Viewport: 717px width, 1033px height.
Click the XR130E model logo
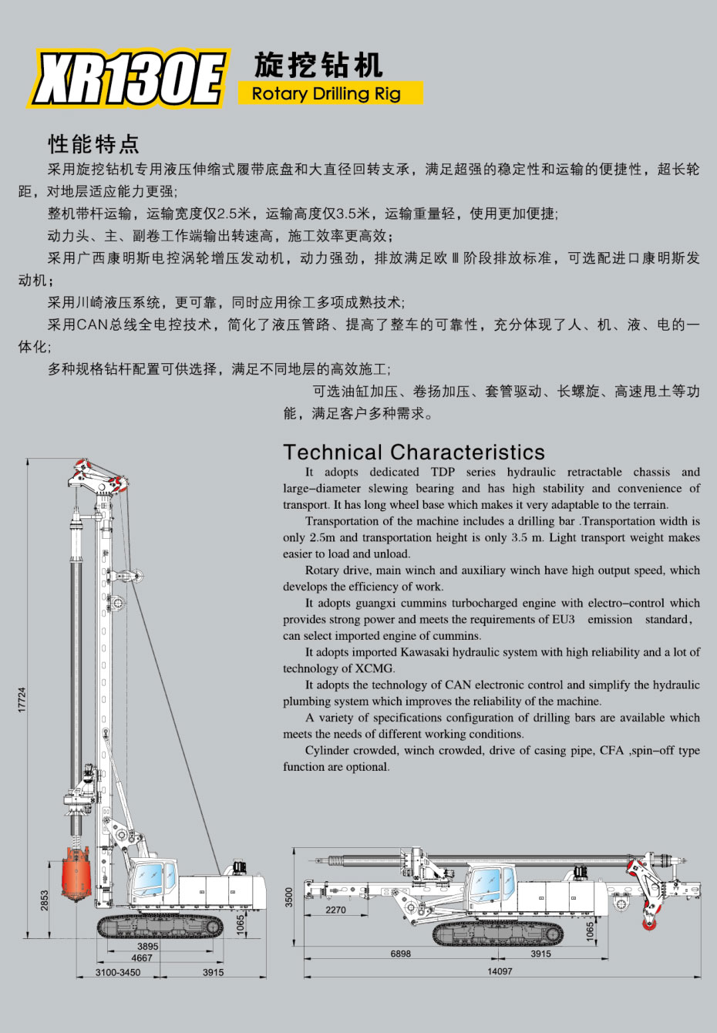pos(129,79)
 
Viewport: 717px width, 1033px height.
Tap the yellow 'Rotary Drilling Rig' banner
pos(330,93)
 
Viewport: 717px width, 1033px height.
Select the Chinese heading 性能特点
pos(93,144)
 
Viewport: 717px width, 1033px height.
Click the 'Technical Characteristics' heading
pos(413,452)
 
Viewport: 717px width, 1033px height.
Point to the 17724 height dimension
pos(22,700)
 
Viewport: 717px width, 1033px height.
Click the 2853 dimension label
pos(44,900)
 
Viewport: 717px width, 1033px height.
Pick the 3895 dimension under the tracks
pos(147,947)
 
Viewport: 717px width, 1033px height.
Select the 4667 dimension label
pos(142,957)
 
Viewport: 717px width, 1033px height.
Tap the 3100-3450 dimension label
pos(118,972)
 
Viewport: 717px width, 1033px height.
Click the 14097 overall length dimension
pos(500,971)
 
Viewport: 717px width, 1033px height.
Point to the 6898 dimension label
pos(400,954)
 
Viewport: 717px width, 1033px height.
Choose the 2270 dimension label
pos(335,910)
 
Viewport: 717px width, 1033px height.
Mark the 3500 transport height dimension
pos(289,897)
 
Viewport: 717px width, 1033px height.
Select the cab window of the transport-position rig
pos(487,883)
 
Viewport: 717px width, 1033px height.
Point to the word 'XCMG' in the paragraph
pos(375,668)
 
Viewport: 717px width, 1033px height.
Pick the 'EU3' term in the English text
pos(563,619)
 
